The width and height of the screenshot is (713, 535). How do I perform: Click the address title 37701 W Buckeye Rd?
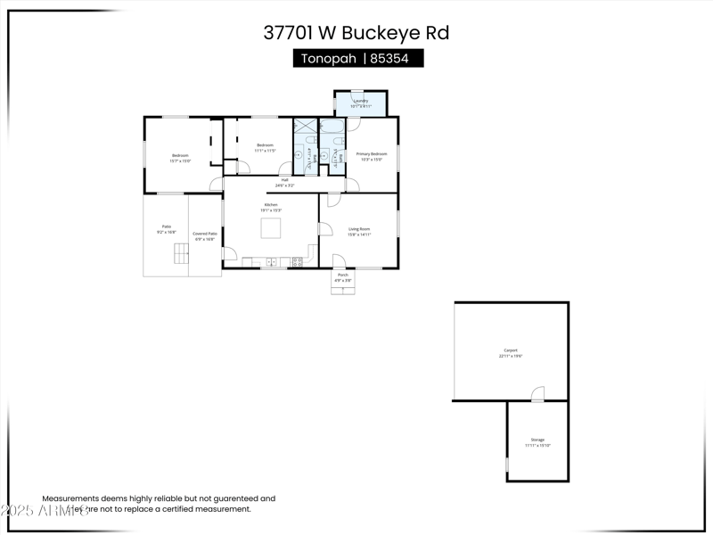[356, 33]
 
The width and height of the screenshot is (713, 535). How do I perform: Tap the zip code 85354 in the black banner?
[395, 59]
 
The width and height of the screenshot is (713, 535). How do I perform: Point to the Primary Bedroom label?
[372, 156]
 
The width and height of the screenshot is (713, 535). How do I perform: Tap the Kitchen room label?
[270, 207]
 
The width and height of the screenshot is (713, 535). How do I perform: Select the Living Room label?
[358, 231]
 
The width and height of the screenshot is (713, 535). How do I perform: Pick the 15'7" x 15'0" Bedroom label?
[180, 158]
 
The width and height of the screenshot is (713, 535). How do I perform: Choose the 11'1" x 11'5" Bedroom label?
[265, 147]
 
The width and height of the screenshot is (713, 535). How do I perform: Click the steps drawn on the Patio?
[182, 253]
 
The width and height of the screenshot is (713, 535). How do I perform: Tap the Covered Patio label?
[205, 235]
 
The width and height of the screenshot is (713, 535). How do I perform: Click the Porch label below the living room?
[342, 277]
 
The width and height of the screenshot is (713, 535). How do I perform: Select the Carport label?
[511, 352]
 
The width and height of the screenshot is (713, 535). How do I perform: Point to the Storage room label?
[537, 441]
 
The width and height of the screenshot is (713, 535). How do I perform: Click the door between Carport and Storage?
[537, 394]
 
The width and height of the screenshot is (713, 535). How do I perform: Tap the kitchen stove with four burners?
[297, 261]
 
